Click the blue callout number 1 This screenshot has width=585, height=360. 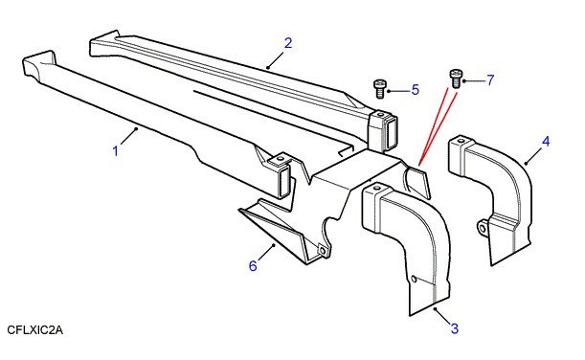[x=116, y=151]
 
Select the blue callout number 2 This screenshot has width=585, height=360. [x=288, y=43]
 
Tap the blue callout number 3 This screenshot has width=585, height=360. [x=455, y=328]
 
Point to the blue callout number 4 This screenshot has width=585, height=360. [x=546, y=142]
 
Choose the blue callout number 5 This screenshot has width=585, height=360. [x=416, y=90]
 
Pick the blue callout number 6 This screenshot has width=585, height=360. [x=253, y=266]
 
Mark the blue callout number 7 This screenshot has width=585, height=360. [x=490, y=79]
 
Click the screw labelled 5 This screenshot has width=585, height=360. [x=379, y=89]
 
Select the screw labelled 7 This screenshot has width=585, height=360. [x=455, y=79]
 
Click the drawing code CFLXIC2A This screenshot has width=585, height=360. [x=35, y=330]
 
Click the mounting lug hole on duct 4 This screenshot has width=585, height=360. [x=483, y=227]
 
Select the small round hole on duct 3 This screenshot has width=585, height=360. [x=414, y=279]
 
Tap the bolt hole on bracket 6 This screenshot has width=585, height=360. [x=322, y=251]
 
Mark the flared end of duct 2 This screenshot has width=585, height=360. [x=104, y=43]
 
